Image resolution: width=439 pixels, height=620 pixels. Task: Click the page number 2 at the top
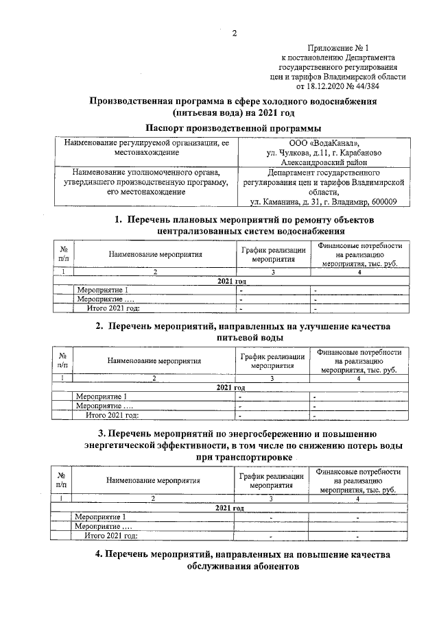234,34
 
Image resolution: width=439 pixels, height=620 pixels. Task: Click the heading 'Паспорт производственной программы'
234,128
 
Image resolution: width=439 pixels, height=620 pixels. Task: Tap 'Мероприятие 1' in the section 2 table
102,396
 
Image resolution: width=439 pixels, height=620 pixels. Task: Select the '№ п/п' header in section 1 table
64,255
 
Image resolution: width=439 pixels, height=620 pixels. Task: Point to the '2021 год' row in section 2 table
231,387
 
